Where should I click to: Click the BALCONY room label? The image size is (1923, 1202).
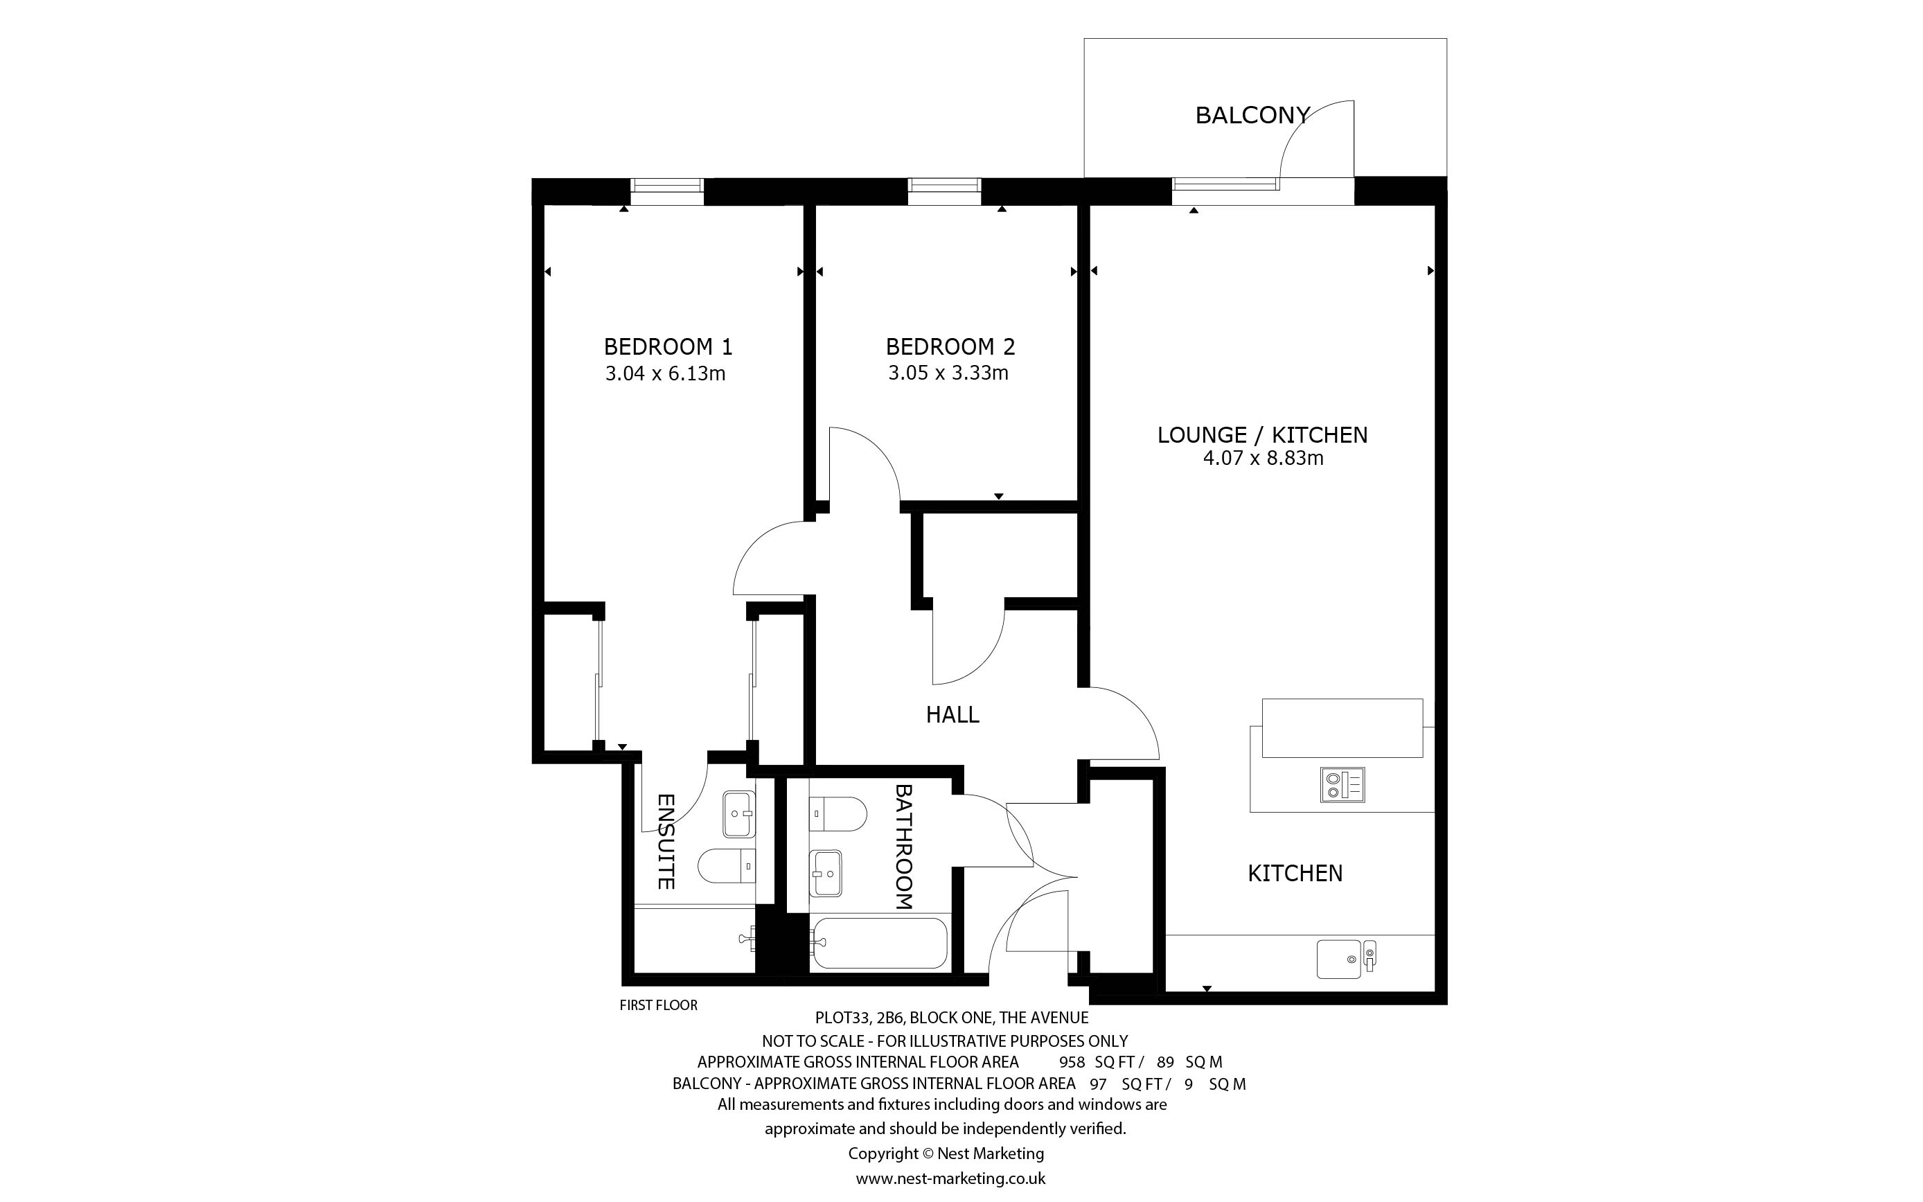(1252, 115)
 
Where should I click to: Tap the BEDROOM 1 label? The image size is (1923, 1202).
(668, 346)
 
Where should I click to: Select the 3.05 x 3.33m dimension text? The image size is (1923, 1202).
(948, 373)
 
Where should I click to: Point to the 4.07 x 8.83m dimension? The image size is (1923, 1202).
(1263, 458)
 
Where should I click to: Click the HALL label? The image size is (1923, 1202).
(952, 715)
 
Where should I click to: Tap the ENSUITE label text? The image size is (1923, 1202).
(666, 842)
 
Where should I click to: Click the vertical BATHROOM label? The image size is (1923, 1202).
(904, 847)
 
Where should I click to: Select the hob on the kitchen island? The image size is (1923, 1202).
(1342, 783)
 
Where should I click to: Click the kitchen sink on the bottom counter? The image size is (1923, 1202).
(1345, 959)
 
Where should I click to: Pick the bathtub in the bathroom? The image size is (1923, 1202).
(880, 943)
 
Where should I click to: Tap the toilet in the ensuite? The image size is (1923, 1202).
(726, 866)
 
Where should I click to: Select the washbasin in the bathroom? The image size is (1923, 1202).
(826, 873)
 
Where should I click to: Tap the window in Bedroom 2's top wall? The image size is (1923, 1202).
(944, 185)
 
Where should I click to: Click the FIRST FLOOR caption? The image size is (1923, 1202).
(659, 1006)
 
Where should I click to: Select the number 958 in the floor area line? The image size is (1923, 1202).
(1072, 1062)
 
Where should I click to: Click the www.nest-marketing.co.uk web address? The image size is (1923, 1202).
(950, 1179)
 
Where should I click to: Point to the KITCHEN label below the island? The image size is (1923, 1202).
(1295, 874)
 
